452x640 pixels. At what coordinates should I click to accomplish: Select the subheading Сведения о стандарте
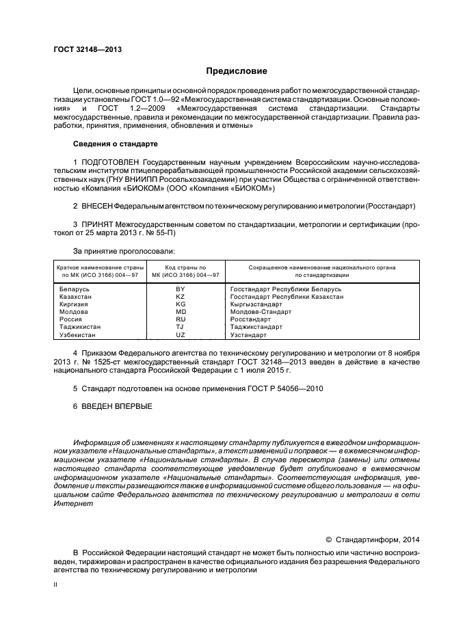click(x=115, y=144)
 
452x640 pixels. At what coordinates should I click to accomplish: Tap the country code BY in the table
click(x=181, y=289)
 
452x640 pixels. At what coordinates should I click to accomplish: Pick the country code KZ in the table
click(x=181, y=297)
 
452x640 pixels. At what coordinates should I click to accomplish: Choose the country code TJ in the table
click(x=181, y=327)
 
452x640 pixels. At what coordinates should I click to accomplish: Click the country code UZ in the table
click(x=181, y=335)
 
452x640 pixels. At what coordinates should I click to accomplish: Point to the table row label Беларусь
click(x=75, y=289)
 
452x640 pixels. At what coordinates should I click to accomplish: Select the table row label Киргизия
click(x=75, y=304)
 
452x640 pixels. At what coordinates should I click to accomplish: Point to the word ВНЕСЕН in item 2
click(x=96, y=205)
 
